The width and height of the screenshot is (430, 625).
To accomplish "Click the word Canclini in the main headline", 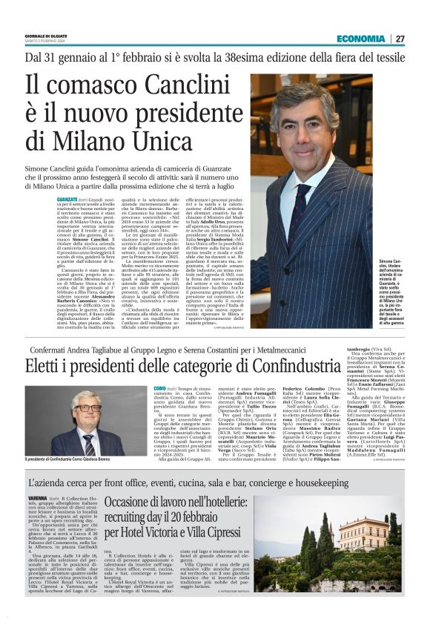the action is coord(162,87).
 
